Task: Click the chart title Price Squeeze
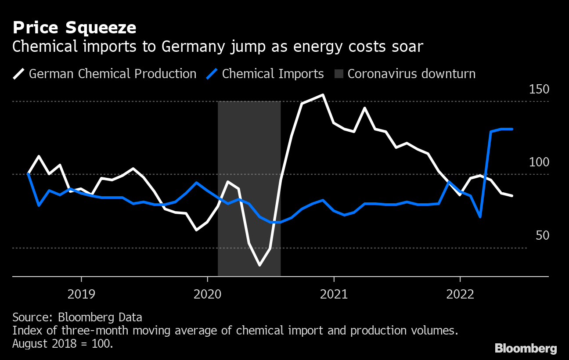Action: [74, 28]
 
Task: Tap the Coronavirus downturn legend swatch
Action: [337, 74]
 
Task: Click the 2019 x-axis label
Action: [81, 294]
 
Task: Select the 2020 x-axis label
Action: [207, 294]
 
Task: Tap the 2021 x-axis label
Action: [334, 294]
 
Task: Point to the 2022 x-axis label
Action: [460, 294]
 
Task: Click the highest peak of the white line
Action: [323, 95]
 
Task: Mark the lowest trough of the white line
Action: [260, 265]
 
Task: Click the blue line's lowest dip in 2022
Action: [480, 217]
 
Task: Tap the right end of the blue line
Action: [512, 129]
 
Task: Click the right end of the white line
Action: [512, 196]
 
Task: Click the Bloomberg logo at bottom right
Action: [526, 349]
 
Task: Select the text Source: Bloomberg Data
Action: [77, 317]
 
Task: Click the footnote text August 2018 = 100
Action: [63, 343]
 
